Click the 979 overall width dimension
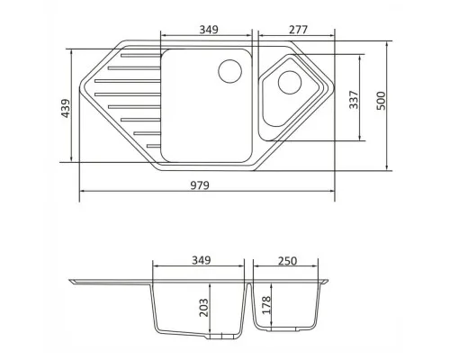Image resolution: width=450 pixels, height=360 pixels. [200, 185]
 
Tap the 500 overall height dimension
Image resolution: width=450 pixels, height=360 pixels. [381, 101]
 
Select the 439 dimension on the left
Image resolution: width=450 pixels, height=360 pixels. [66, 108]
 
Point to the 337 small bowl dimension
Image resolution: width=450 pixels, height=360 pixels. [354, 100]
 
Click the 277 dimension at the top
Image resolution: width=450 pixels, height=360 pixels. [298, 30]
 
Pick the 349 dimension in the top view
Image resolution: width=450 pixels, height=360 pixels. [209, 30]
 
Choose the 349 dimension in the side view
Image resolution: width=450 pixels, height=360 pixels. [202, 260]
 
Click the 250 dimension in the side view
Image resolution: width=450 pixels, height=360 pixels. [287, 261]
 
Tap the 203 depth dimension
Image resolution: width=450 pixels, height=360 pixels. [204, 308]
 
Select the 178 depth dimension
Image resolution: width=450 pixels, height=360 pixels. [266, 305]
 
